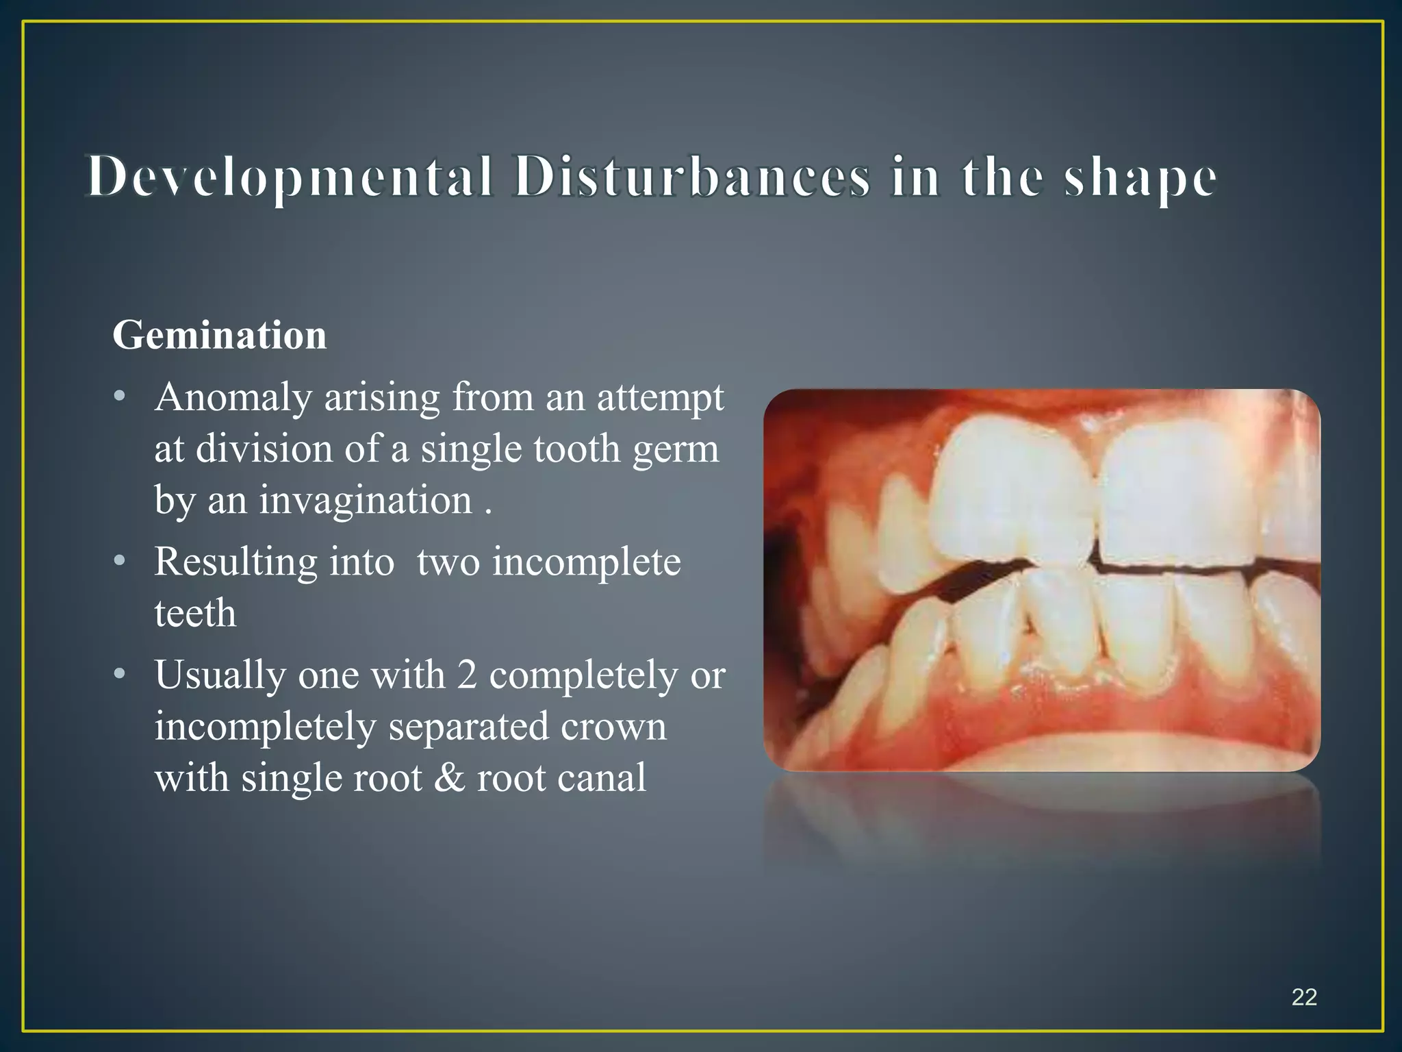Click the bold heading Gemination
(x=220, y=335)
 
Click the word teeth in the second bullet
(x=195, y=613)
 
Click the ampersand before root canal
(x=449, y=778)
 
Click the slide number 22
(x=1303, y=997)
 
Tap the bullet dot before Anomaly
(x=120, y=397)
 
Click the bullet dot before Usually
(x=120, y=675)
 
